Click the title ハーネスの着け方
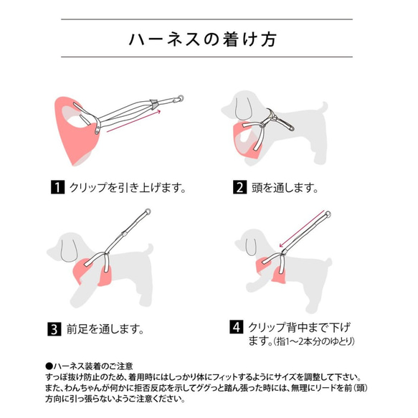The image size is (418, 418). click(209, 38)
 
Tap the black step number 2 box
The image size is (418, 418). click(239, 189)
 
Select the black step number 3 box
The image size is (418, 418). click(54, 331)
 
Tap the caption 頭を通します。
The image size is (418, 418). click(285, 189)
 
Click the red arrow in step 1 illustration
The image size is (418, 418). click(136, 121)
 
